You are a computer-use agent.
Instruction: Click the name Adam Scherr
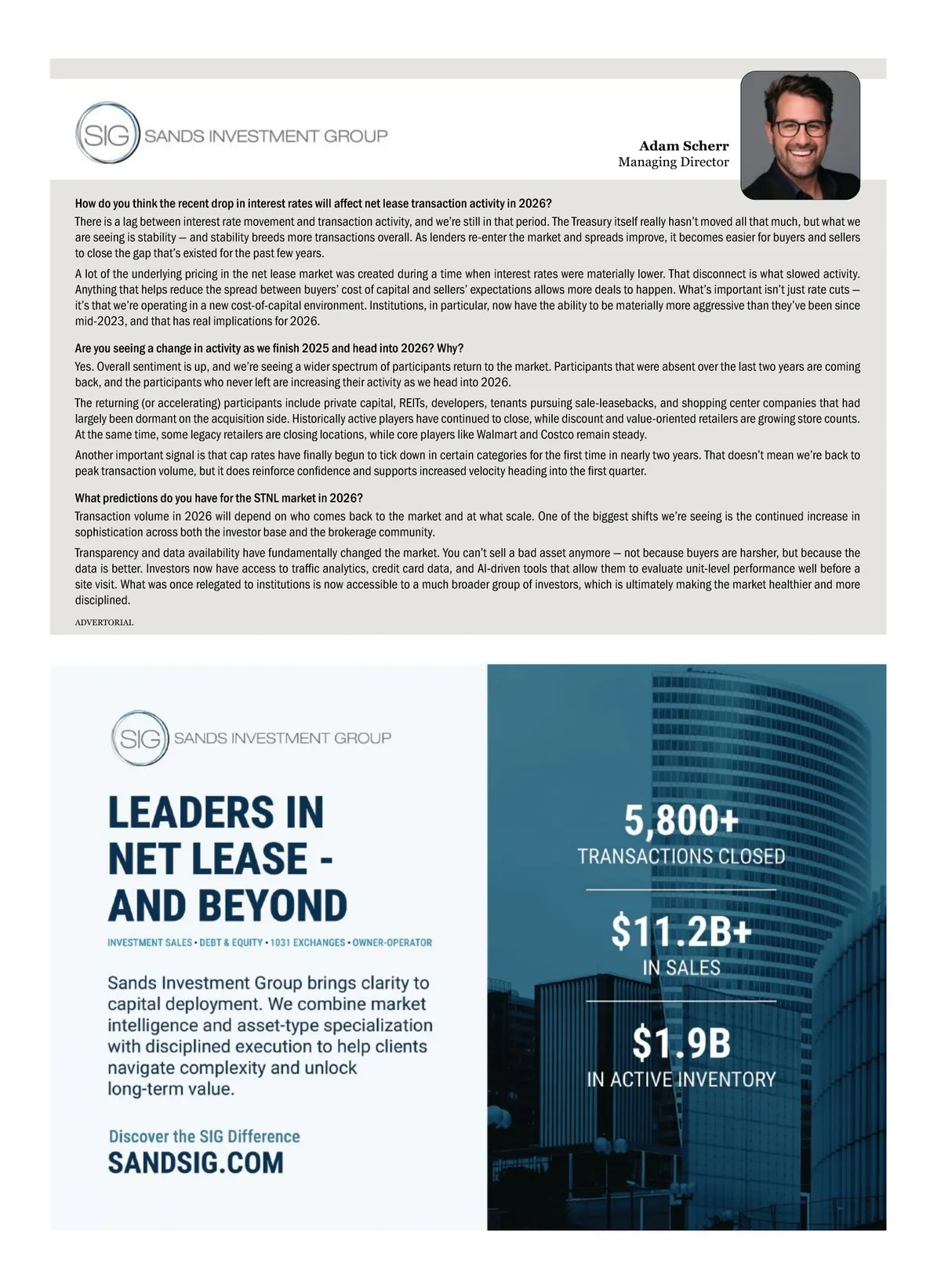click(x=683, y=146)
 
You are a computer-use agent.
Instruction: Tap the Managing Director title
click(x=673, y=162)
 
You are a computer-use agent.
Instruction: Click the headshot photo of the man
click(x=800, y=135)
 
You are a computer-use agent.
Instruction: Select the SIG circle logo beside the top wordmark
click(x=107, y=136)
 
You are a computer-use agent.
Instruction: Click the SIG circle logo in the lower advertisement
click(x=140, y=738)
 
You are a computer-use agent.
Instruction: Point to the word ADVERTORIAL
click(x=104, y=623)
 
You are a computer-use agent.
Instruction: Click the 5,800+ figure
click(x=681, y=821)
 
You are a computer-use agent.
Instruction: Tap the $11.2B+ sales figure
click(x=681, y=932)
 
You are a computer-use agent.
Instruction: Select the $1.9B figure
click(x=681, y=1044)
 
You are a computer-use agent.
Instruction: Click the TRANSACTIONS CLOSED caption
click(x=681, y=856)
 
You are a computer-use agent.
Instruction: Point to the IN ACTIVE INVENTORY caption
click(x=681, y=1080)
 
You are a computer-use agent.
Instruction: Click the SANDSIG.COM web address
click(x=195, y=1163)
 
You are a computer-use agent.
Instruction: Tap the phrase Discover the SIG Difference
click(x=204, y=1136)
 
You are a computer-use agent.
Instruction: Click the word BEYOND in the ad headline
click(x=272, y=906)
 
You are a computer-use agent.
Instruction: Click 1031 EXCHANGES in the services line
click(x=307, y=943)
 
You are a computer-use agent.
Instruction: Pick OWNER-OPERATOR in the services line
click(x=392, y=943)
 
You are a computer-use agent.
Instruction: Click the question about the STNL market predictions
click(x=219, y=499)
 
